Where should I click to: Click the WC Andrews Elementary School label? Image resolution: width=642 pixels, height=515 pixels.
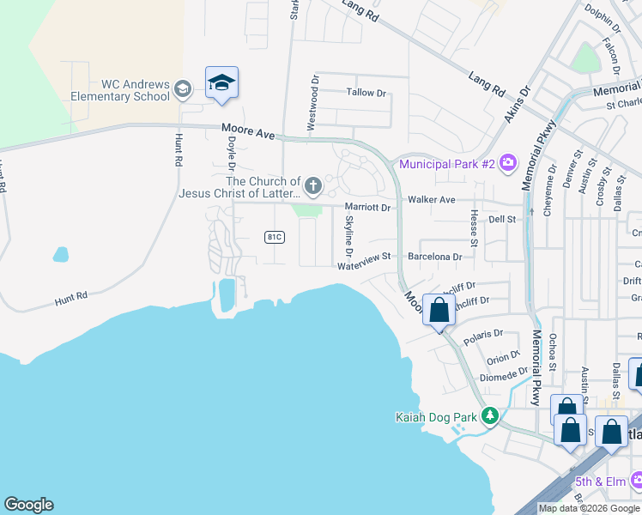(x=136, y=90)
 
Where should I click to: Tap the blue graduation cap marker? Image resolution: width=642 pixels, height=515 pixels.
(x=221, y=83)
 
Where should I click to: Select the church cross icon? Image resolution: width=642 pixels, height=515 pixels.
(x=313, y=185)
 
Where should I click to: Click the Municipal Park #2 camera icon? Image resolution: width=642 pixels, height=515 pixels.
(x=508, y=162)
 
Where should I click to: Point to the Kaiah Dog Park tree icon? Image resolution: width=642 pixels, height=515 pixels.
(x=490, y=417)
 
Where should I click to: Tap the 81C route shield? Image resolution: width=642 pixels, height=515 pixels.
(x=275, y=237)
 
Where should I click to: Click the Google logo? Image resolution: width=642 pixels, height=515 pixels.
(x=28, y=505)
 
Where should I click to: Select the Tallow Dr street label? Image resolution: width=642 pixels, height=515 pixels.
(x=366, y=93)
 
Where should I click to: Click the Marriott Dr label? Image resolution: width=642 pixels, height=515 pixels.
(x=367, y=207)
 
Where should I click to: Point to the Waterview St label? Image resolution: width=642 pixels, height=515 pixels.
(x=364, y=257)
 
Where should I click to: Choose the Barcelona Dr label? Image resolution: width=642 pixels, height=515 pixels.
(x=435, y=257)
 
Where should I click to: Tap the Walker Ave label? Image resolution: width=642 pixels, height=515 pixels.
(x=431, y=199)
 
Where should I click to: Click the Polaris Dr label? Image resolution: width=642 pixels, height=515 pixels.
(x=481, y=333)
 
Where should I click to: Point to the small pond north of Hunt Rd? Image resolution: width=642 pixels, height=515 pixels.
(x=60, y=254)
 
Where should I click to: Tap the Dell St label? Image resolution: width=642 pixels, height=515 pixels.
(x=501, y=220)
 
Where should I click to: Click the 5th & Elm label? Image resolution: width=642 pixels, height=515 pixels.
(x=601, y=481)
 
